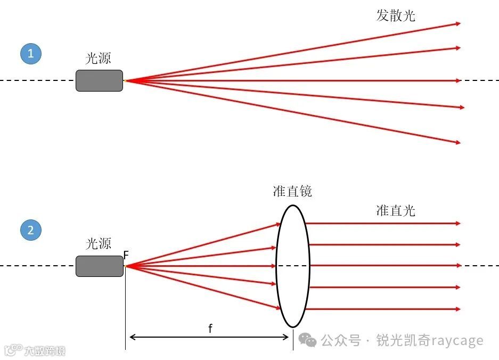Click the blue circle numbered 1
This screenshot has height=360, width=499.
(31, 53)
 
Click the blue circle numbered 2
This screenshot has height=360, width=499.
(31, 231)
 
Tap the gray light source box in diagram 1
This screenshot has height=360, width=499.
(99, 80)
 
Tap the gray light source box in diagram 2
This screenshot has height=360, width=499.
(99, 266)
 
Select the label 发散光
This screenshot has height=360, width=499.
(396, 15)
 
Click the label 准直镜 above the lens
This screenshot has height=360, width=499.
(292, 191)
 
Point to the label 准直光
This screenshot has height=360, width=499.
(396, 210)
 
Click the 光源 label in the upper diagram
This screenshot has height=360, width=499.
(99, 59)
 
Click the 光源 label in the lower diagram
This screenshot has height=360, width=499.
(99, 244)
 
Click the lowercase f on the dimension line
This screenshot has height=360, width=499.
(210, 329)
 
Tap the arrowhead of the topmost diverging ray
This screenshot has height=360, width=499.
(457, 23)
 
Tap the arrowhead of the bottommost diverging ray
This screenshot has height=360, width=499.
(457, 142)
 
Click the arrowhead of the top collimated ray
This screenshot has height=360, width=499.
(457, 224)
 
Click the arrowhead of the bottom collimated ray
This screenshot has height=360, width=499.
(457, 309)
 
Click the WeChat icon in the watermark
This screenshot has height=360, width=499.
(307, 340)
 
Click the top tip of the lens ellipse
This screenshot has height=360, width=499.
(292, 204)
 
